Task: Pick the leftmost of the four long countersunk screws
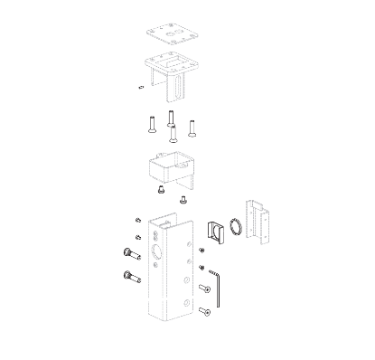coord(150,123)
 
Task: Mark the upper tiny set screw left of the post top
coord(136,222)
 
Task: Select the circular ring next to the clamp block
coord(235,226)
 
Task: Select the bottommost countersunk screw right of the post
coord(205,312)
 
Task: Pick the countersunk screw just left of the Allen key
coord(204,289)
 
